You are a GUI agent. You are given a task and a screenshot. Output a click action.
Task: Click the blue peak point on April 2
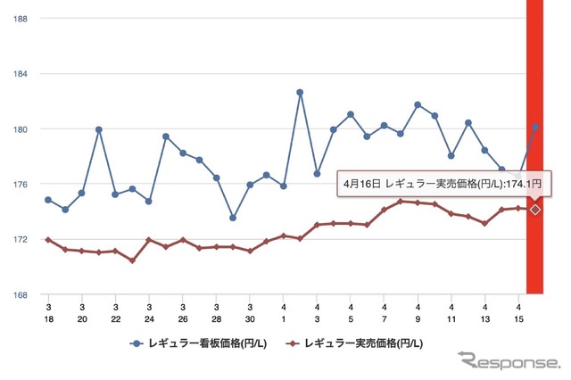[x=300, y=92]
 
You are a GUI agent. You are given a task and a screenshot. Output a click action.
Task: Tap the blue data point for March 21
[x=99, y=129]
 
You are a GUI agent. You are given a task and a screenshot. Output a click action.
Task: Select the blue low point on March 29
[x=233, y=218]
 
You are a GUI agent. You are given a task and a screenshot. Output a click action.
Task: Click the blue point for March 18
[x=48, y=200]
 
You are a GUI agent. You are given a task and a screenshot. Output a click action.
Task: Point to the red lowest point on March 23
[x=132, y=260]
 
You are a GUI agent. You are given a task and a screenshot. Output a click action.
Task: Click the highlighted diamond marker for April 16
[x=535, y=210]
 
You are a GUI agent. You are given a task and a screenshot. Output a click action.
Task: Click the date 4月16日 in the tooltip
[x=361, y=183]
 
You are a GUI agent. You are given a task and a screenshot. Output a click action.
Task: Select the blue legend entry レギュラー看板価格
[x=201, y=343]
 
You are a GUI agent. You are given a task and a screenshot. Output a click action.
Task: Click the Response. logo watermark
[x=506, y=361]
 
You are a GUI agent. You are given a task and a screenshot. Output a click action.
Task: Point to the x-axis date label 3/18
[x=48, y=312]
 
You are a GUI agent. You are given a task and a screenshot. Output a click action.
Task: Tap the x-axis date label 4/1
[x=283, y=312]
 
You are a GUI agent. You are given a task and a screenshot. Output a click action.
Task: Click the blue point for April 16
[x=535, y=127]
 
